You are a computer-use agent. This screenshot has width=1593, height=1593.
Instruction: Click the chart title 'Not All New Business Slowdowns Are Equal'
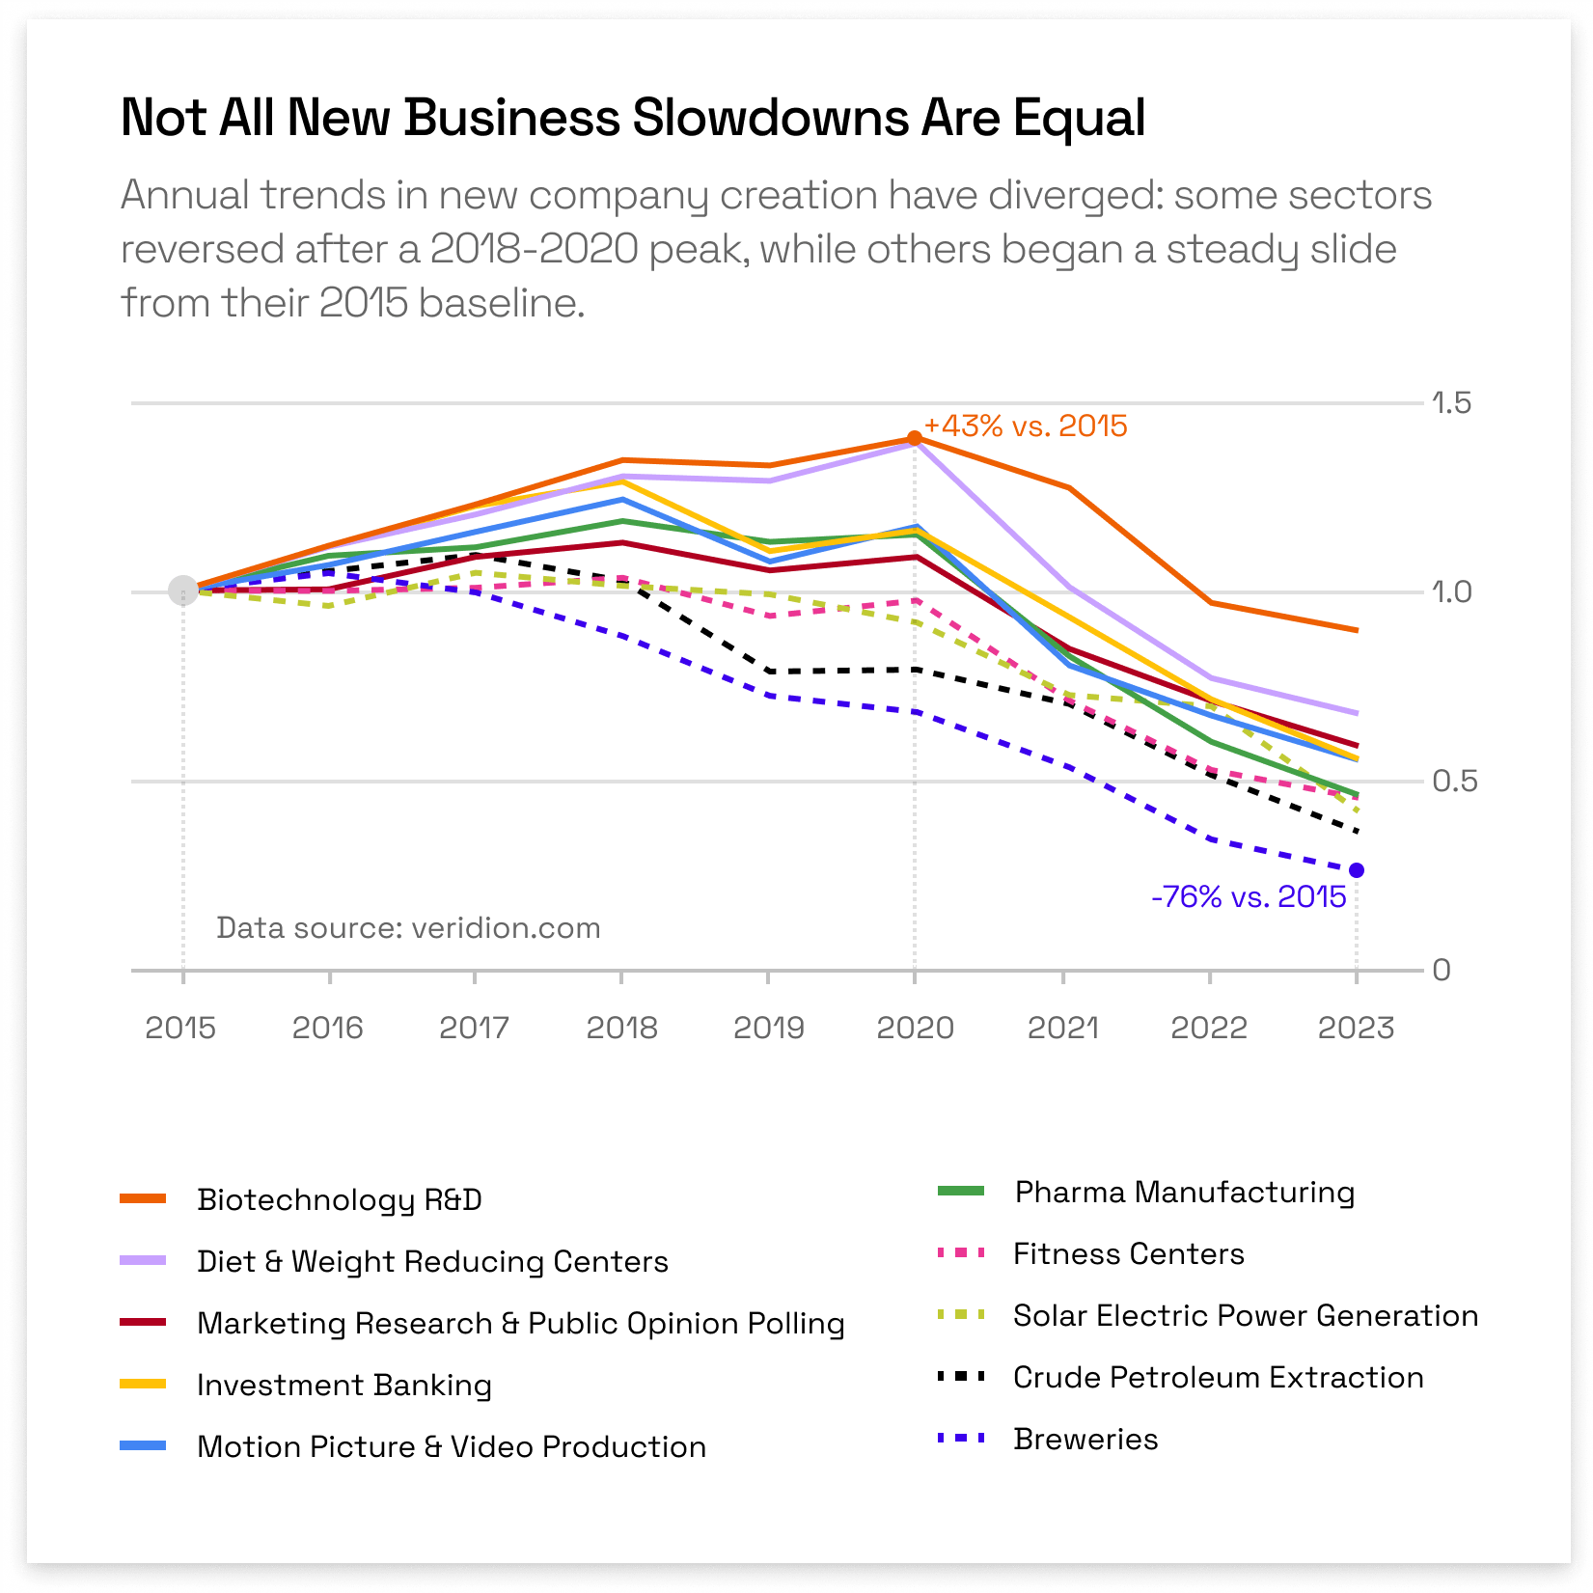point(633,118)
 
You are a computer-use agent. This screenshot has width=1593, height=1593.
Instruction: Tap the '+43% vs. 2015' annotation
point(1025,426)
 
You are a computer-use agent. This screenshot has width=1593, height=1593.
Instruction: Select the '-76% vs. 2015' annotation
point(1248,896)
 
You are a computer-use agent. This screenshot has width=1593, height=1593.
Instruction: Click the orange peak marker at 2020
point(915,438)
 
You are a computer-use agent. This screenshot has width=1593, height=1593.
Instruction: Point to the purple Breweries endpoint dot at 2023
point(1357,870)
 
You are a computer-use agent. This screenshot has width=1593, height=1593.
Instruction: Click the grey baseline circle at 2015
point(183,591)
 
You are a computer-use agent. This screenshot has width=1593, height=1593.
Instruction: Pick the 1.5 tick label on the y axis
point(1451,402)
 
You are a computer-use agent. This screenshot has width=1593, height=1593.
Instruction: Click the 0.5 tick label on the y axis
point(1454,781)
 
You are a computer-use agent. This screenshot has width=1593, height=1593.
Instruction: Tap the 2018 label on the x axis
point(621,1028)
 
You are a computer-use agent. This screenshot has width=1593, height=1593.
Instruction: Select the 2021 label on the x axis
point(1062,1028)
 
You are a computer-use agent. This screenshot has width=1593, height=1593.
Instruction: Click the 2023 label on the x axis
point(1356,1028)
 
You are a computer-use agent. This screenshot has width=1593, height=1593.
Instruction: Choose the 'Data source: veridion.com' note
point(408,927)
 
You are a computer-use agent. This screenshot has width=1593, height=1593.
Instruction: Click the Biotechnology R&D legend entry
point(339,1199)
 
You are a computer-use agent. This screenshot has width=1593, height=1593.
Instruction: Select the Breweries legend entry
point(1085,1439)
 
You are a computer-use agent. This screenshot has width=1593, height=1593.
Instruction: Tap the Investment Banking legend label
point(344,1385)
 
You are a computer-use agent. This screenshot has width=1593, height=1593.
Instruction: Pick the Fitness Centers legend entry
point(1128,1253)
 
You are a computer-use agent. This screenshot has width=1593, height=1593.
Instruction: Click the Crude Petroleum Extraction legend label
point(1218,1377)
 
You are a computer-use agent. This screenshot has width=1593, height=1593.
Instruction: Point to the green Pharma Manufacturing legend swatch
point(961,1192)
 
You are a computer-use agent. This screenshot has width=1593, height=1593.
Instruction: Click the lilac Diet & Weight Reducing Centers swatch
point(143,1261)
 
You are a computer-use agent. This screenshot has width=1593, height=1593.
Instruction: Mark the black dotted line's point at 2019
point(769,671)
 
